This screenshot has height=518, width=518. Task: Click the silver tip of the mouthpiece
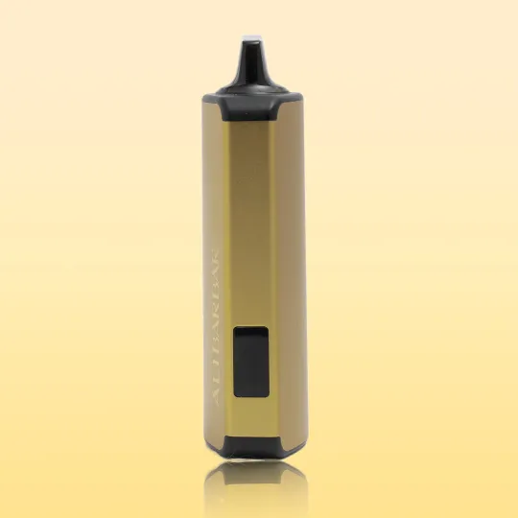251,38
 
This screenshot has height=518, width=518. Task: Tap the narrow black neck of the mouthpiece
251,56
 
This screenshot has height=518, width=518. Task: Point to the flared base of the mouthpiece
252,80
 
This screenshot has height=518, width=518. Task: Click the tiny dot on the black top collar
252,96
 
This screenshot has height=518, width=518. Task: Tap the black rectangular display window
251,361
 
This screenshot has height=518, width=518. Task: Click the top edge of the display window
251,326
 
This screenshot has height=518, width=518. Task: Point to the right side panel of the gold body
290,269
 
